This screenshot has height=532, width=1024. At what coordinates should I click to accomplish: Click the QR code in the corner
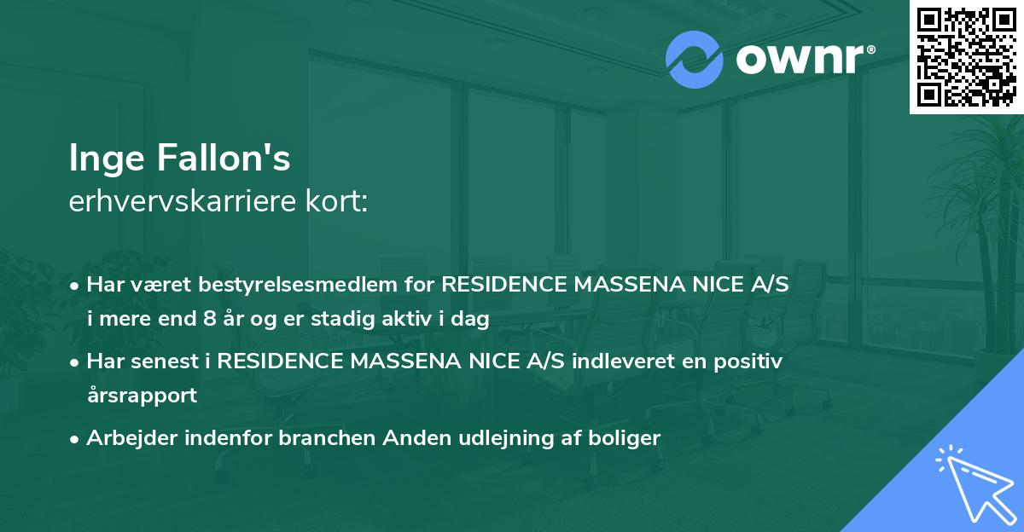tap(967, 56)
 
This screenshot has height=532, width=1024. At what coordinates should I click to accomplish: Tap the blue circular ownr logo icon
tap(695, 59)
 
